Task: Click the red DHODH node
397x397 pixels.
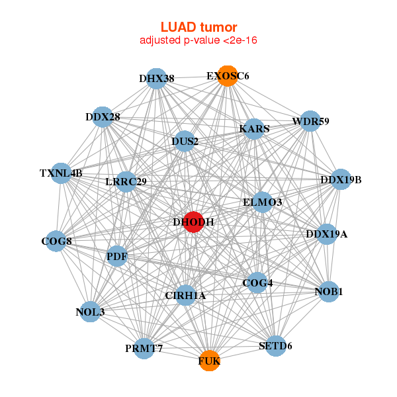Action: (x=193, y=222)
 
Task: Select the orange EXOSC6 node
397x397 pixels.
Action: (x=227, y=76)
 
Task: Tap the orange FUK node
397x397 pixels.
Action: (x=209, y=361)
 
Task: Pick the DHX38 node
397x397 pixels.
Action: (x=156, y=79)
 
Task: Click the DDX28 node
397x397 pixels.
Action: (x=103, y=117)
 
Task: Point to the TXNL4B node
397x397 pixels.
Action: (x=61, y=173)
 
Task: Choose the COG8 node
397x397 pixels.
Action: (x=56, y=241)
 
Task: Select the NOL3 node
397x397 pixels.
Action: (x=90, y=311)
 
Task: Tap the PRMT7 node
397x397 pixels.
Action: (x=144, y=348)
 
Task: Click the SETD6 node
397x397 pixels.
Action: (x=275, y=345)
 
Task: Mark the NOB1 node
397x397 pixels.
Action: (x=329, y=291)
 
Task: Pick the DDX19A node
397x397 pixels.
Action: (x=326, y=234)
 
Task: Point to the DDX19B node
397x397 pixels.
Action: (x=340, y=179)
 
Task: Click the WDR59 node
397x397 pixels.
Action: (x=310, y=121)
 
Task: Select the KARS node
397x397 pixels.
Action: (x=254, y=129)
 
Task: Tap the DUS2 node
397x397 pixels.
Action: (x=185, y=141)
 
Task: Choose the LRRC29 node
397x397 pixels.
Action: (x=126, y=181)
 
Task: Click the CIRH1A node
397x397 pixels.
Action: (x=186, y=295)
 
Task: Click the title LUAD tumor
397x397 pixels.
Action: (x=198, y=27)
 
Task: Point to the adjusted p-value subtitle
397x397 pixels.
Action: (x=198, y=40)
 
